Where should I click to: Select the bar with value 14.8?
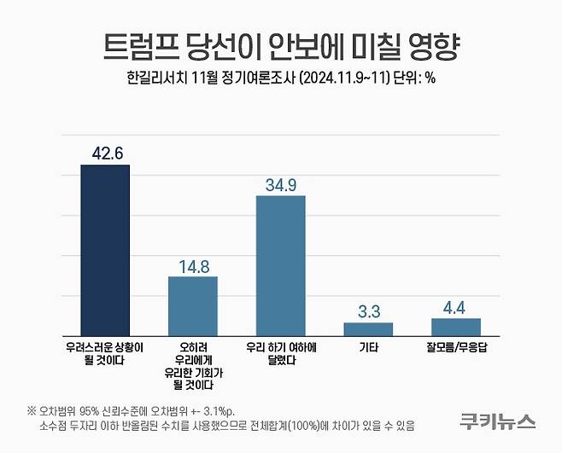tap(192, 305)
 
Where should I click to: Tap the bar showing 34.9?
tap(281, 264)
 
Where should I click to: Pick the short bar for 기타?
tap(368, 328)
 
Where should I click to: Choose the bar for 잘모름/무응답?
tap(456, 326)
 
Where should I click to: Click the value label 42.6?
tap(104, 154)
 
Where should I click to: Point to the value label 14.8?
tap(192, 266)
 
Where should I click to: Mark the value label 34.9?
tap(281, 184)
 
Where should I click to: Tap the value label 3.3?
tap(368, 311)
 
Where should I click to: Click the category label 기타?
tap(368, 348)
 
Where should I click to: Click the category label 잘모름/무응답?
tap(456, 348)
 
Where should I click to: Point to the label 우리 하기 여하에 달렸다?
tap(281, 354)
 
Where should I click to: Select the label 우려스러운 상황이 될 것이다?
tap(104, 354)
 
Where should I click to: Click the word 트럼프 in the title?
tap(137, 45)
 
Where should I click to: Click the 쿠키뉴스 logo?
tap(497, 420)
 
